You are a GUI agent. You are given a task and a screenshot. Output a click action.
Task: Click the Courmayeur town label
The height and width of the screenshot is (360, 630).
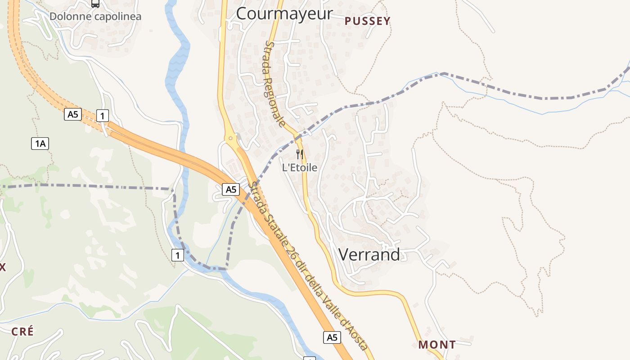click(284, 13)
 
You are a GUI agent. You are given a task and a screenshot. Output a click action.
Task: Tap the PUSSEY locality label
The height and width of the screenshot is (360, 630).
click(367, 21)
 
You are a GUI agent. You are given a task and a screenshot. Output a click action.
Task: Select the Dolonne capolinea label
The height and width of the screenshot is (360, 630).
click(95, 17)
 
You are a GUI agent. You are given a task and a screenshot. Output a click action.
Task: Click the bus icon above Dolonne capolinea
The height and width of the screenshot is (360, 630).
click(95, 4)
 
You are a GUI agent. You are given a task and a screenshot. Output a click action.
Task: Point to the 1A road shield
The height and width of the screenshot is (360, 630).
click(40, 144)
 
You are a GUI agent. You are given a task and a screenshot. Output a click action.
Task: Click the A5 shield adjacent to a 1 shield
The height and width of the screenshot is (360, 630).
click(73, 114)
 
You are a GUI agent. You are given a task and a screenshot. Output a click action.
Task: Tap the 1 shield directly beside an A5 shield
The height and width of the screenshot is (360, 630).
click(103, 116)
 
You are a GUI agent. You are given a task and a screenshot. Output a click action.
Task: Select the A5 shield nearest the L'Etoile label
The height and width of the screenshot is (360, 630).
click(231, 189)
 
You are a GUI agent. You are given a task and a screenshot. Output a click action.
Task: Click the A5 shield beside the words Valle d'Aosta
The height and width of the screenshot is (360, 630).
click(332, 337)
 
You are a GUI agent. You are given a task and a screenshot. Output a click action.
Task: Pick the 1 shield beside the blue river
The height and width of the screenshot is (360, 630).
click(178, 256)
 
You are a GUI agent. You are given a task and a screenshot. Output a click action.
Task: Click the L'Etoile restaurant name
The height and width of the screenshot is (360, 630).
click(300, 168)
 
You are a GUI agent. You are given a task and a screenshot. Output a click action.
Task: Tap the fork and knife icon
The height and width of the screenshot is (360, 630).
click(300, 154)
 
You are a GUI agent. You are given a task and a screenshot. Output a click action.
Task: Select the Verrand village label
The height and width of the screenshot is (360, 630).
click(369, 255)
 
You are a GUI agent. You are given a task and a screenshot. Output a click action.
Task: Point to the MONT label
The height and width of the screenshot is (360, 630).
click(437, 345)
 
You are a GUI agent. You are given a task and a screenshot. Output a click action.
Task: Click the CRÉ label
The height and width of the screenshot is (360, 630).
click(22, 332)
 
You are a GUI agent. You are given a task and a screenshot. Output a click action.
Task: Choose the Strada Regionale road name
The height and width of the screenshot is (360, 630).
click(275, 84)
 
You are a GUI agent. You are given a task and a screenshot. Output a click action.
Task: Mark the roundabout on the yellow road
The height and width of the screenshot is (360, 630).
click(230, 138)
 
